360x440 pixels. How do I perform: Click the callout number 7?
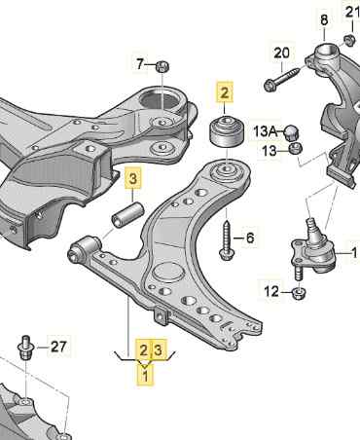click(140, 64)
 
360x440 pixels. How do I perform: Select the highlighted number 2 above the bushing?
click(226, 93)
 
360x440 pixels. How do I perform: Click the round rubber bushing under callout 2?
click(226, 129)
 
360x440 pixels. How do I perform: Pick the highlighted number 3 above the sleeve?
click(133, 178)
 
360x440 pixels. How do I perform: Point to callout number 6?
click(249, 238)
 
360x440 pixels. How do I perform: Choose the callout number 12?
click(271, 291)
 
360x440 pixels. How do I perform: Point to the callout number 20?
click(281, 52)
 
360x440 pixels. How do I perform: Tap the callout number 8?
click(324, 18)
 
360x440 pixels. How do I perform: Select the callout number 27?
click(59, 345)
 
